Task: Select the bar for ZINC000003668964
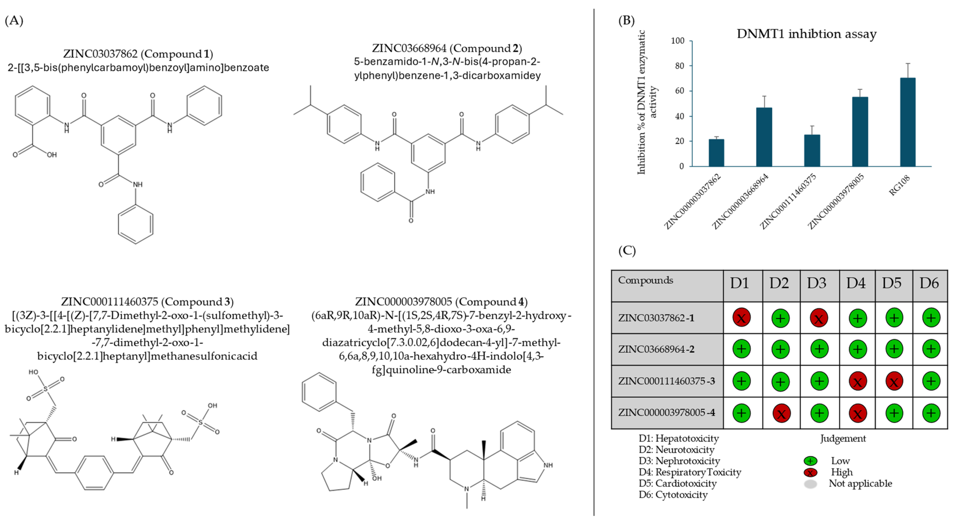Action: pyautogui.click(x=764, y=137)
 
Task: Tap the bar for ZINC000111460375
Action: pyautogui.click(x=812, y=150)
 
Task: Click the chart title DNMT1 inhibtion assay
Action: pyautogui.click(x=806, y=34)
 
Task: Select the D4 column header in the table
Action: pyautogui.click(x=856, y=283)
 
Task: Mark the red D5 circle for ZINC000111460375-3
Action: pyautogui.click(x=894, y=381)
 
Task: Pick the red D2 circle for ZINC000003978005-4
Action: pyautogui.click(x=781, y=413)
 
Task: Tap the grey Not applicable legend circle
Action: pyautogui.click(x=810, y=483)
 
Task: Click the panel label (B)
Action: pyautogui.click(x=627, y=20)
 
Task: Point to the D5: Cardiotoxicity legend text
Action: pyautogui.click(x=677, y=483)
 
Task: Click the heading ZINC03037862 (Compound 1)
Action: pyautogui.click(x=138, y=54)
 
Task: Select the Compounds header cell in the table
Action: pyautogui.click(x=646, y=280)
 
